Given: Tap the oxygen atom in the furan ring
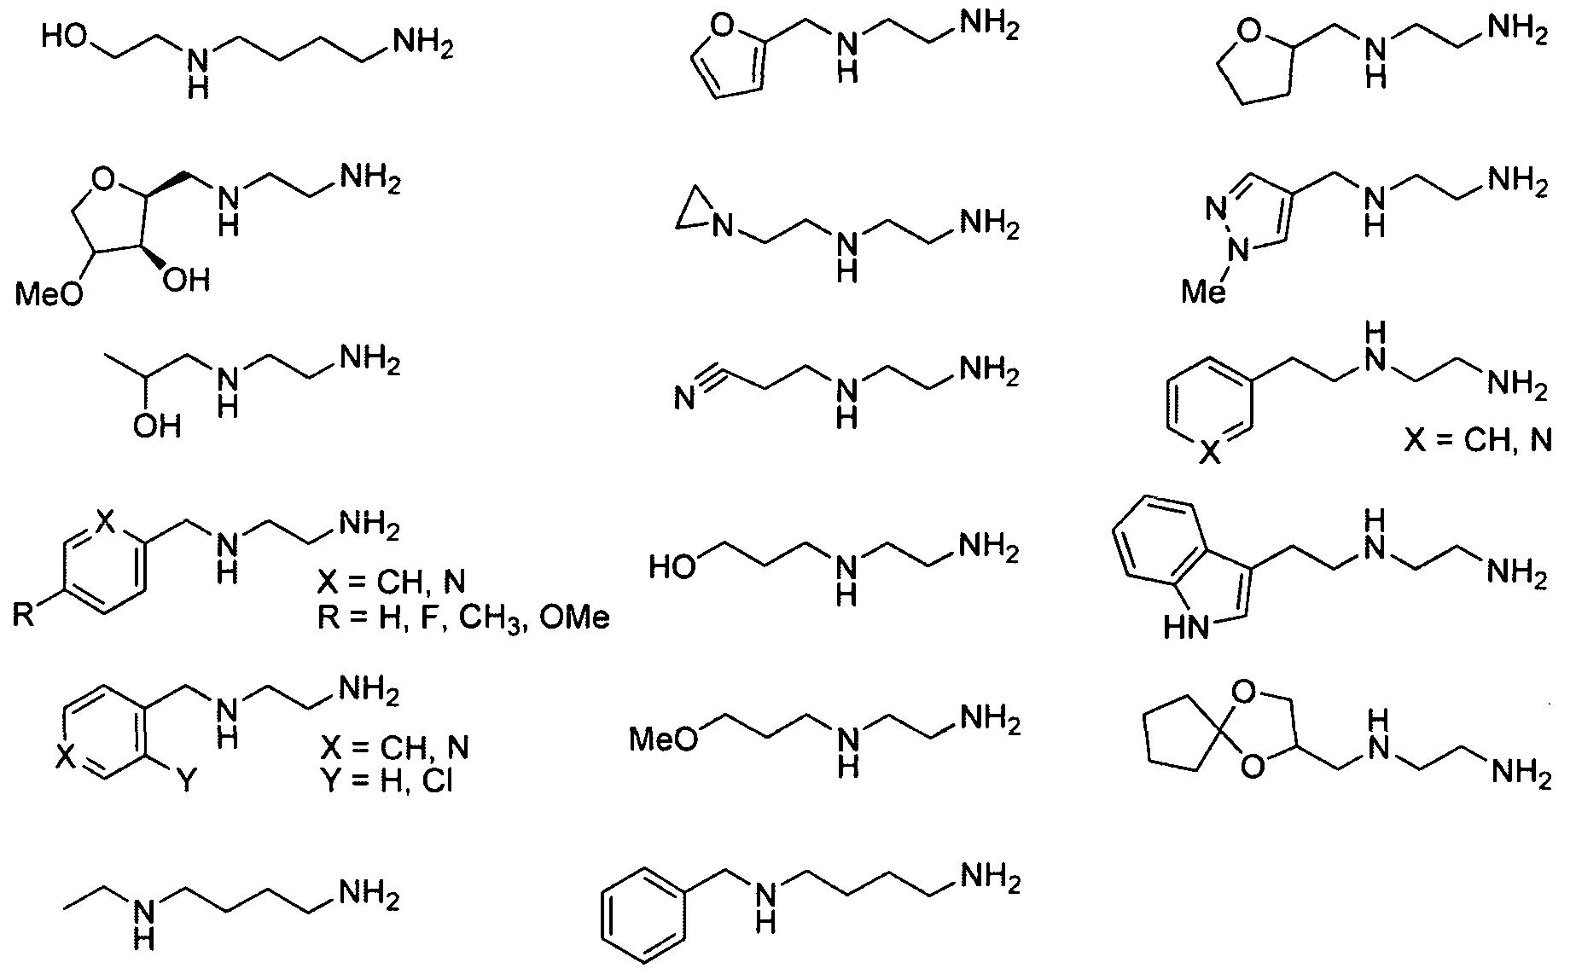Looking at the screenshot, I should pyautogui.click(x=722, y=28).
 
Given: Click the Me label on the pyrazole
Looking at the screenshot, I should pyautogui.click(x=1204, y=293).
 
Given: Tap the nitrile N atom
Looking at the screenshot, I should pyautogui.click(x=683, y=398).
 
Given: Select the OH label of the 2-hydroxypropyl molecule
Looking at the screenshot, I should pyautogui.click(x=157, y=425).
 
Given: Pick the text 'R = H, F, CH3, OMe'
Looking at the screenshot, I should pyautogui.click(x=463, y=617).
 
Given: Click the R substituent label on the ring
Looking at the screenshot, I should pyautogui.click(x=24, y=614).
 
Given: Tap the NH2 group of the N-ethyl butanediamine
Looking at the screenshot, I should pyautogui.click(x=369, y=896).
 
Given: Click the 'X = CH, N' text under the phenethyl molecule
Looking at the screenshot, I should pyautogui.click(x=1475, y=441).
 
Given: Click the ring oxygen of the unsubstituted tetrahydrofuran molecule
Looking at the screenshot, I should pyautogui.click(x=1250, y=32).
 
